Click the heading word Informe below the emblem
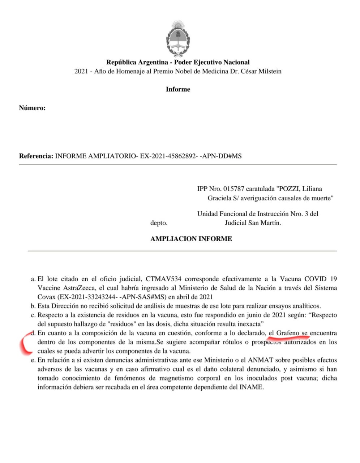[x=178, y=89]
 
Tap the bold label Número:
[x=32, y=108]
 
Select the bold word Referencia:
[x=36, y=156]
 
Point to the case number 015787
[x=234, y=189]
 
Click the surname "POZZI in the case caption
[x=288, y=189]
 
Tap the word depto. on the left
[x=159, y=223]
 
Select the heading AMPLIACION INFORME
[x=191, y=239]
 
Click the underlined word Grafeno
[x=288, y=333]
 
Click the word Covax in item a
[x=46, y=297]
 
